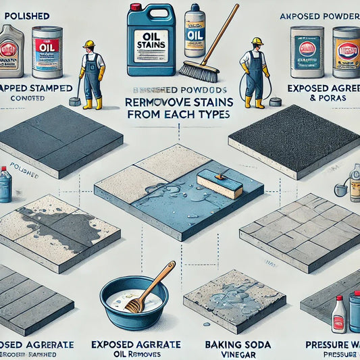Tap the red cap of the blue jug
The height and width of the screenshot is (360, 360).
pos(136,8)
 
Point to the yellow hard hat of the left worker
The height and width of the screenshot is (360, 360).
pos(88,44)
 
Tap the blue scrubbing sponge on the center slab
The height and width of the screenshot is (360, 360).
pos(220,183)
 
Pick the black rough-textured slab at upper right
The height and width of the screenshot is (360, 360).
pos(294,138)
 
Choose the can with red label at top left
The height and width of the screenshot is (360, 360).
pos(47,51)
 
